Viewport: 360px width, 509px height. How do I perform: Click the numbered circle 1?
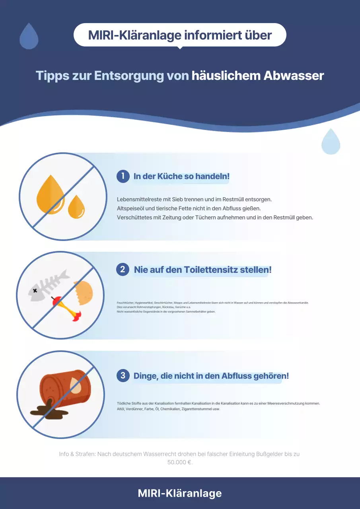tap(123, 176)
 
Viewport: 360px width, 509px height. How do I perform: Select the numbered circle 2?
tap(123, 269)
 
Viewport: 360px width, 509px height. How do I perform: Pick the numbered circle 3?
tap(123, 375)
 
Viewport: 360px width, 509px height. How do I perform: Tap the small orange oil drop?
tap(76, 207)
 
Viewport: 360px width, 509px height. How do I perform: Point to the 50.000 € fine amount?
tap(180, 462)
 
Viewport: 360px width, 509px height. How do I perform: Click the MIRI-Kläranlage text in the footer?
tap(180, 493)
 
